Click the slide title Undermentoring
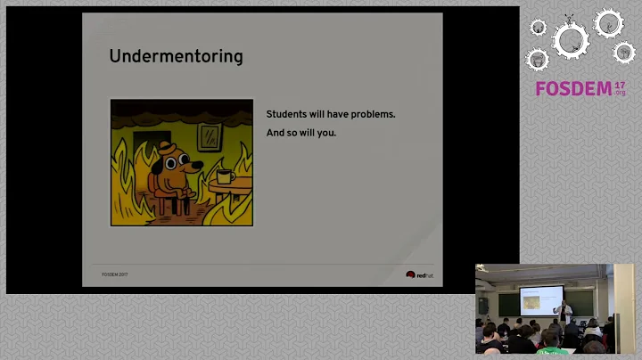pyautogui.click(x=176, y=57)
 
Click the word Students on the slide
pyautogui.click(x=288, y=115)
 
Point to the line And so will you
pyautogui.click(x=301, y=134)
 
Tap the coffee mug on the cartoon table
pyautogui.click(x=224, y=176)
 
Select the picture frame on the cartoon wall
pyautogui.click(x=210, y=136)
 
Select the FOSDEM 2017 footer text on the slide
pyautogui.click(x=114, y=275)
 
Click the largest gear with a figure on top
pyautogui.click(x=570, y=37)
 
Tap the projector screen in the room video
pyautogui.click(x=541, y=299)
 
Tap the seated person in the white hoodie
pyautogui.click(x=593, y=329)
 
